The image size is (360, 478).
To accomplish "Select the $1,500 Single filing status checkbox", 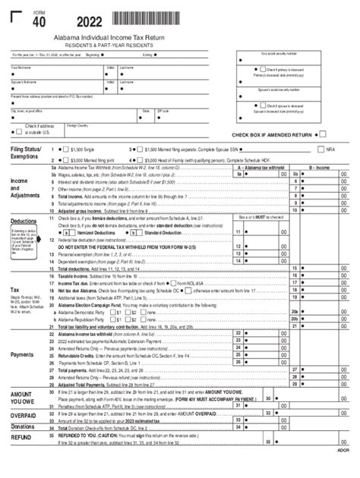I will point(65,150).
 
